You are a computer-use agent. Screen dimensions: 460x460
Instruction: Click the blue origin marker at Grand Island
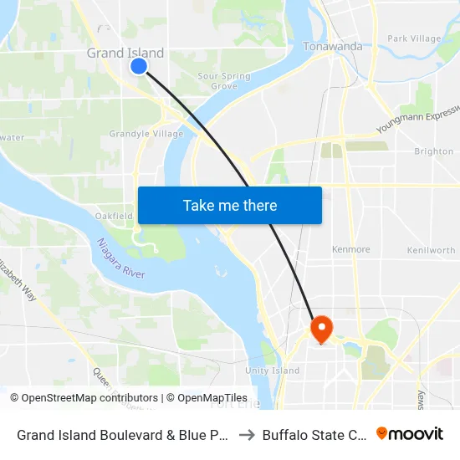click(139, 65)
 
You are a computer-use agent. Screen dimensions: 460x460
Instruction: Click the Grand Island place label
click(125, 53)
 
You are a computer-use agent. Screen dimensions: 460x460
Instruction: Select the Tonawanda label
click(332, 46)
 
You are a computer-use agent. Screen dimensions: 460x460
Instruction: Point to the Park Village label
click(414, 38)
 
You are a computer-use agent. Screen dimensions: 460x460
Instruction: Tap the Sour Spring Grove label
click(224, 81)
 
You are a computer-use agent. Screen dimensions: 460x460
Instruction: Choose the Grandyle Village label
click(146, 134)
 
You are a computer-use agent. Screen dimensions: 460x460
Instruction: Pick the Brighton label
click(433, 151)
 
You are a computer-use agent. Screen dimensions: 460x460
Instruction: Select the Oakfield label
click(115, 216)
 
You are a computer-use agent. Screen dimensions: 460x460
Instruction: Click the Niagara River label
click(120, 259)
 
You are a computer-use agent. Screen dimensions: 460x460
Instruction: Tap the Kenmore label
click(350, 249)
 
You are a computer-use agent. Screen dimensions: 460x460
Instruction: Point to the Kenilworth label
click(431, 250)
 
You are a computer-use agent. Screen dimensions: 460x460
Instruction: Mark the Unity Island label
click(273, 371)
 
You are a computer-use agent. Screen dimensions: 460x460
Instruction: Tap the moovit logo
click(410, 433)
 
